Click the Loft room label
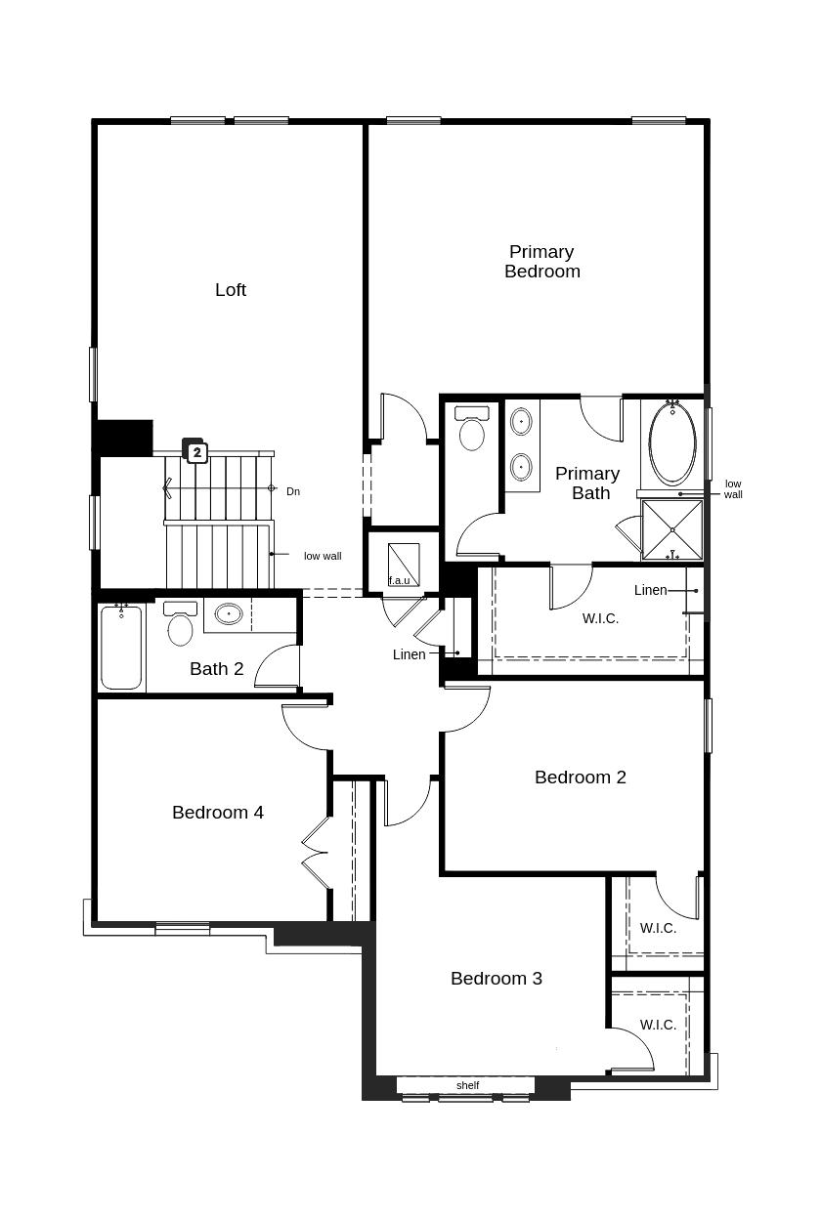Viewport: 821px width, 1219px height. pos(231,289)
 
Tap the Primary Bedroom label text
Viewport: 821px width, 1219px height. pos(541,261)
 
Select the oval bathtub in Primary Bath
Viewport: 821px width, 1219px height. pos(672,443)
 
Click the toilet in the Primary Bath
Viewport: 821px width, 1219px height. pos(471,429)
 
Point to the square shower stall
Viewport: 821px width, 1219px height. pos(672,530)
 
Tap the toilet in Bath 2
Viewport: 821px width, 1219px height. pos(180,623)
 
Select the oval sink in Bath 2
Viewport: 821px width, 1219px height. pos(229,613)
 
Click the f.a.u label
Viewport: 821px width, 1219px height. pos(399,580)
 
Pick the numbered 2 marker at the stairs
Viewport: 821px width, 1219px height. pos(197,451)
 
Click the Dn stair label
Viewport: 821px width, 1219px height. pos(293,491)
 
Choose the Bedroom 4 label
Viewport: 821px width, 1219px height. pos(218,813)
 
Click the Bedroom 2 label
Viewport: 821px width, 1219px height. pos(581,778)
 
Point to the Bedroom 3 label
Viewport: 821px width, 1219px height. pos(497,979)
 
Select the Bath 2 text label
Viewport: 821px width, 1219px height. pos(217,669)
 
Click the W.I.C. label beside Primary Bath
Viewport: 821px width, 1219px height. pos(600,618)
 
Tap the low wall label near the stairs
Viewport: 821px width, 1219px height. pos(323,556)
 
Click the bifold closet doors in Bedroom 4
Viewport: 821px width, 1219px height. pos(316,853)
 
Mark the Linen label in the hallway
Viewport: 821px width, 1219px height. pos(409,654)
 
